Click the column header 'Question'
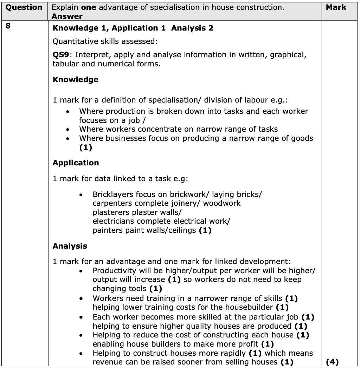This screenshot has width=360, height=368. (x=24, y=7)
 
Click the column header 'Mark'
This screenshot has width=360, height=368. (x=336, y=7)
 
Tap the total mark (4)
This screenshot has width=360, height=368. (x=332, y=362)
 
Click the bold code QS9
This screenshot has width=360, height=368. (x=60, y=55)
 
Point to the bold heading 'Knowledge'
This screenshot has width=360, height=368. (x=75, y=80)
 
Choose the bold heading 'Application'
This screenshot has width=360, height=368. (x=76, y=163)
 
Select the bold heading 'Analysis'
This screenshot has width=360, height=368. (x=70, y=246)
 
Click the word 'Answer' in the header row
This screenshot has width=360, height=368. (x=67, y=16)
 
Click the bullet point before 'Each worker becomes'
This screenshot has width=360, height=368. (x=81, y=317)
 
